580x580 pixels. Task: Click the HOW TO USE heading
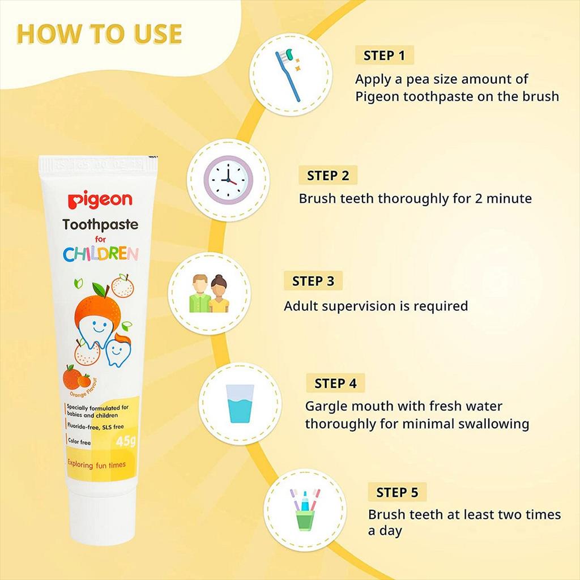99,34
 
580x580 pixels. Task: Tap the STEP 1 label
385,56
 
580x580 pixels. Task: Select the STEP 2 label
328,176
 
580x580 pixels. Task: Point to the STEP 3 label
313,281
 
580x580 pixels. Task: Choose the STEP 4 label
335,383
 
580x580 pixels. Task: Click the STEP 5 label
397,492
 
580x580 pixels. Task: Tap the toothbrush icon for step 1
288,75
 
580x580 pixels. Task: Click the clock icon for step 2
228,180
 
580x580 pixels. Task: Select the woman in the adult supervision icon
219,294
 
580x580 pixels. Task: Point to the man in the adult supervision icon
200,294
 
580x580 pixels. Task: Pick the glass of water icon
240,403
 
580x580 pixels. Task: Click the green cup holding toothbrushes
305,520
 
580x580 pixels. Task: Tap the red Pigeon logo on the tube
100,200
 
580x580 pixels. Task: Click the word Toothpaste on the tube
100,224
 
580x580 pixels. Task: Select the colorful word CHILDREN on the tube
101,254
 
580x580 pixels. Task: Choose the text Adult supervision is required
376,306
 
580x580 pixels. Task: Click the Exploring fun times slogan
96,464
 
